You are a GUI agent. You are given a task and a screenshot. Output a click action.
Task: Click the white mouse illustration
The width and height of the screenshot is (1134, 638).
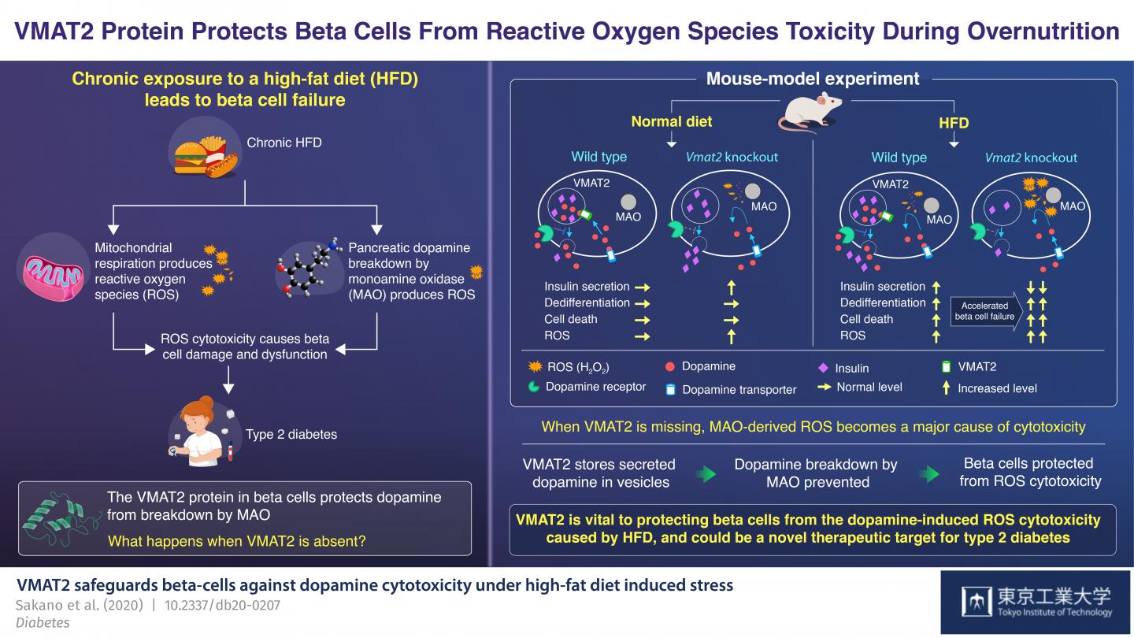coord(810,110)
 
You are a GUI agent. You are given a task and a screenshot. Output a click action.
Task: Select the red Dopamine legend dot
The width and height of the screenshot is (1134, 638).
coord(669,366)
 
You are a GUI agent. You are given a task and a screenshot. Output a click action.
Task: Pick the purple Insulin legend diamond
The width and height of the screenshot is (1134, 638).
coord(824,367)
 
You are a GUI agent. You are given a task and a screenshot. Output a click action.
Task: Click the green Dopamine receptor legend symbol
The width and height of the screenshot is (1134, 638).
coord(533,387)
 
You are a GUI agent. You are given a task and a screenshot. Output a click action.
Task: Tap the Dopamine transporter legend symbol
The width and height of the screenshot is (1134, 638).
coord(671,389)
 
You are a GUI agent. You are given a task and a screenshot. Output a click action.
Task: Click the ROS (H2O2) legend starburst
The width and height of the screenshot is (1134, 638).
coord(533,366)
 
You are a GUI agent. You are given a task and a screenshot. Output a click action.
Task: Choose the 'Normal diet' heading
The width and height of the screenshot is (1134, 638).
coord(672,122)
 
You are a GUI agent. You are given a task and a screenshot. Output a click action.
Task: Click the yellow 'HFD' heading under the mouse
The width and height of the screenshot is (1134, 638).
coord(954,123)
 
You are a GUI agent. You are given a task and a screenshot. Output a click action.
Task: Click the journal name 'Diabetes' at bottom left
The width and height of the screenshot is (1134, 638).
coord(43,622)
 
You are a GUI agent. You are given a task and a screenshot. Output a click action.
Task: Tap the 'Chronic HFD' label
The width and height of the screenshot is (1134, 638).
coord(283,143)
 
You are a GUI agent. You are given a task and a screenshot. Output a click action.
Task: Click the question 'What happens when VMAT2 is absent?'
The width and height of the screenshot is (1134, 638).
coord(236,541)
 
